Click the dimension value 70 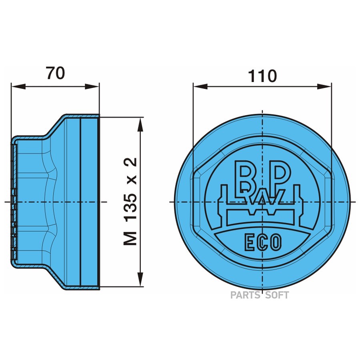coord(55,73)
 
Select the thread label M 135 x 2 coord(130,201)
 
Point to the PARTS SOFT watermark coord(259,295)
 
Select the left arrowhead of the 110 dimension coord(198,86)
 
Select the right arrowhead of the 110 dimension coord(327,86)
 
